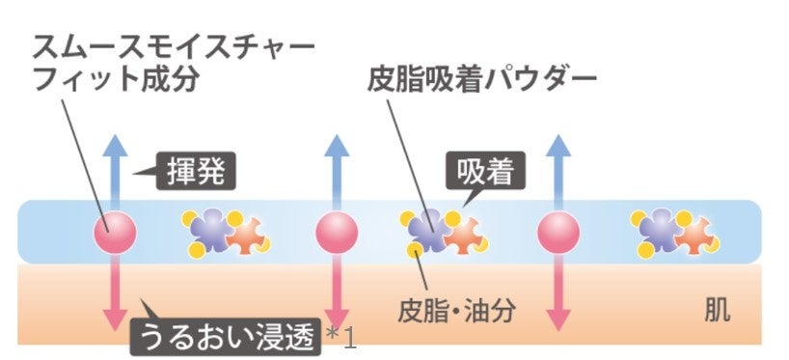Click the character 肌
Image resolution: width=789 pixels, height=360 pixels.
[x=718, y=311]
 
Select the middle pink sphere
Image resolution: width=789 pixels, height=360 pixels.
[x=337, y=232]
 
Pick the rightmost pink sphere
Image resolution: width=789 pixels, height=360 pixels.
[x=558, y=232]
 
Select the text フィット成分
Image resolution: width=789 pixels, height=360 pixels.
[x=115, y=79]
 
